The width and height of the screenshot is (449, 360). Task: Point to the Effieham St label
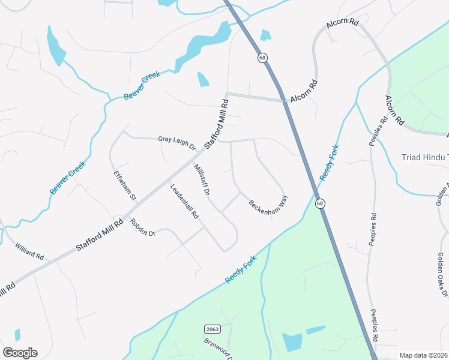(126, 185)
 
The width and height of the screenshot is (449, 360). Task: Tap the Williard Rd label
(30, 251)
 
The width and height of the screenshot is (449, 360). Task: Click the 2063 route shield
(212, 329)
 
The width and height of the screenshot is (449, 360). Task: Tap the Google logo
(20, 353)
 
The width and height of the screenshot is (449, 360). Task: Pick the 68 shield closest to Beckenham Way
(321, 203)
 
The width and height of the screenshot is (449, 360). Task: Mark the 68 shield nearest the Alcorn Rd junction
(262, 58)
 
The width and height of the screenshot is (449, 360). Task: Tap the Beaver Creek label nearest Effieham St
(68, 178)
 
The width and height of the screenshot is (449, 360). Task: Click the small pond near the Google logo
(17, 335)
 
